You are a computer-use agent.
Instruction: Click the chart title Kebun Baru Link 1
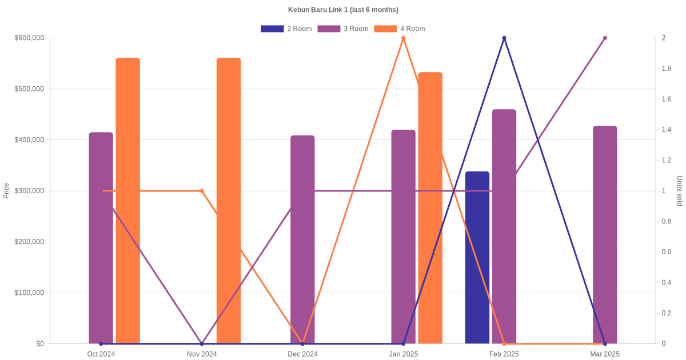click(x=343, y=10)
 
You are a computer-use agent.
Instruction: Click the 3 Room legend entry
click(x=342, y=29)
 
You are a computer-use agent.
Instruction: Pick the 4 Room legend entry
click(x=399, y=29)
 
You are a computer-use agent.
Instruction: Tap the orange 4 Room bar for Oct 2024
click(x=127, y=201)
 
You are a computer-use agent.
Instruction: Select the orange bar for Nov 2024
click(x=229, y=201)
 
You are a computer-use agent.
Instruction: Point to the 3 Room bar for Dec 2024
click(x=302, y=240)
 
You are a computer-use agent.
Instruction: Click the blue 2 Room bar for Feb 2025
click(x=477, y=257)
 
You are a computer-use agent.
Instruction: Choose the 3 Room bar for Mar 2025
click(x=605, y=235)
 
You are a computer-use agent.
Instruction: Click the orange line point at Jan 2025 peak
click(x=404, y=38)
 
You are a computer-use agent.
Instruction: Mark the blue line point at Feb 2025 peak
click(x=504, y=38)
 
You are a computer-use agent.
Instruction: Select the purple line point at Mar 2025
click(x=605, y=38)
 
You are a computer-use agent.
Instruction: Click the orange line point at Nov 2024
click(x=202, y=191)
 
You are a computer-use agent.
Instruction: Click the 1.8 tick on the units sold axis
click(x=667, y=69)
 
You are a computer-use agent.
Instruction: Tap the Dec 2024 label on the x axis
click(x=302, y=354)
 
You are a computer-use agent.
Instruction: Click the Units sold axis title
click(x=679, y=191)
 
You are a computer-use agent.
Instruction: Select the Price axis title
click(x=6, y=191)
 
